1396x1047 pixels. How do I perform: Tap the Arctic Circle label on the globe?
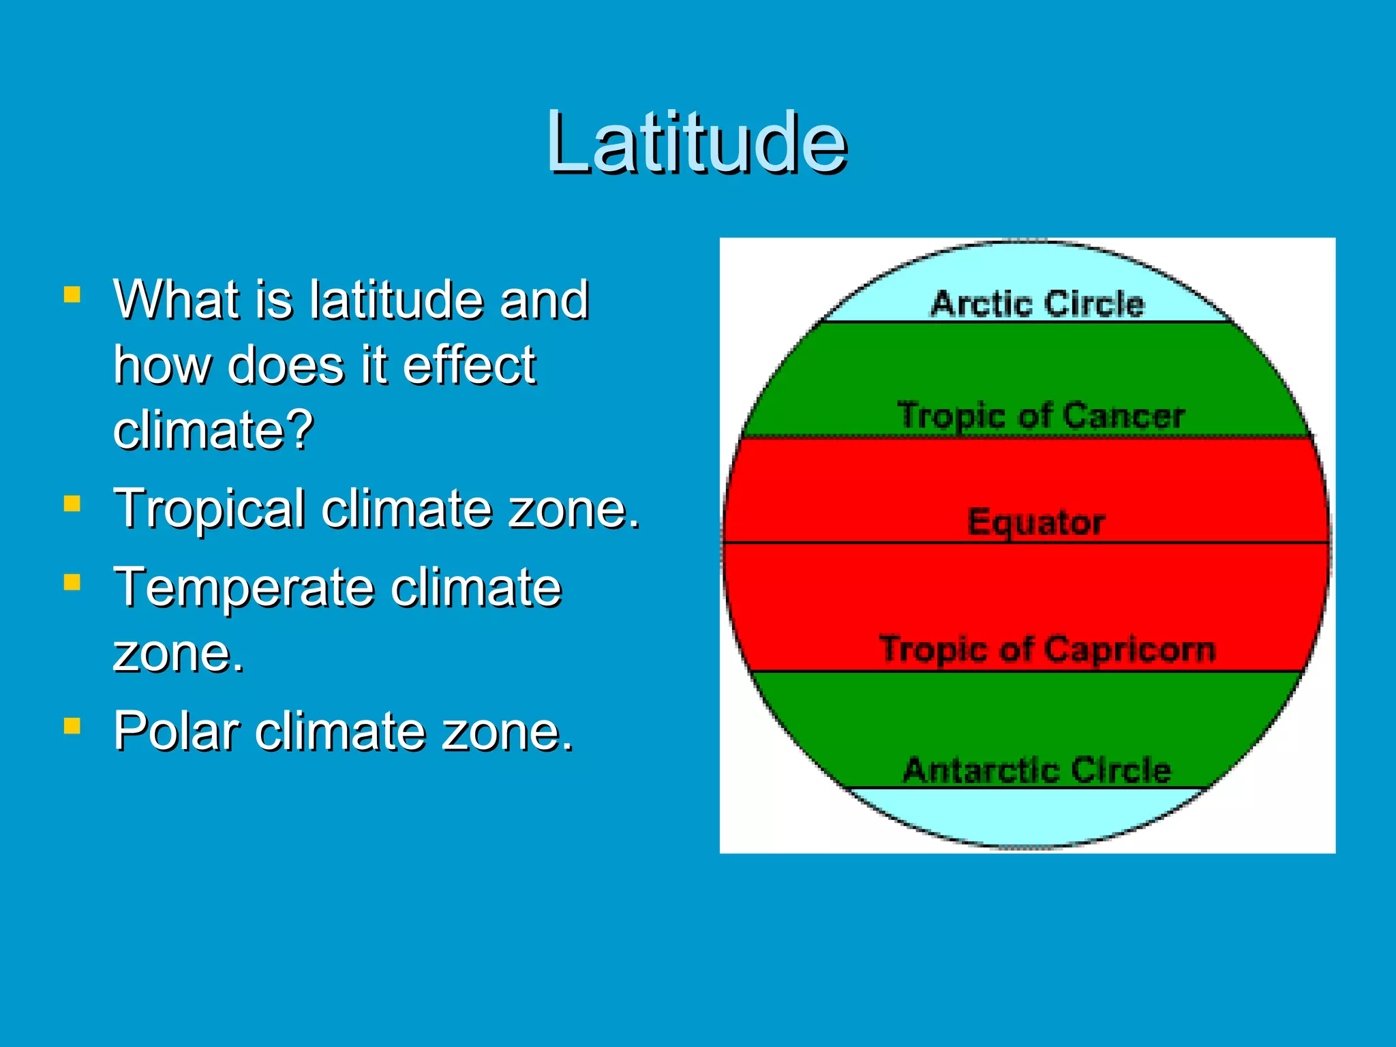1037,303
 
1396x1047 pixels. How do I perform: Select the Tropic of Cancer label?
1041,415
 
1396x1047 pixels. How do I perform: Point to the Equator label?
1036,523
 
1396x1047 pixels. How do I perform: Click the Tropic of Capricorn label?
1047,649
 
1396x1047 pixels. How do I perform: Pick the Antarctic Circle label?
1037,770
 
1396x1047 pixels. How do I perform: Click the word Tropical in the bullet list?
209,509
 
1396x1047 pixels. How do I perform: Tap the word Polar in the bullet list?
177,731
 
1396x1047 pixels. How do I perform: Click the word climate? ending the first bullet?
213,429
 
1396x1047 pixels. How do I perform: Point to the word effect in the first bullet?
469,365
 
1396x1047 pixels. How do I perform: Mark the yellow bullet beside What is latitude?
72,294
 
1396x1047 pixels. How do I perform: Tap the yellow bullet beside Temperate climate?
72,582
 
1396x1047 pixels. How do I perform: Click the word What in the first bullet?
175,299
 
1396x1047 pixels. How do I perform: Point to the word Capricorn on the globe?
1130,649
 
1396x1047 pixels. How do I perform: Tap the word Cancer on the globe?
1123,415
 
